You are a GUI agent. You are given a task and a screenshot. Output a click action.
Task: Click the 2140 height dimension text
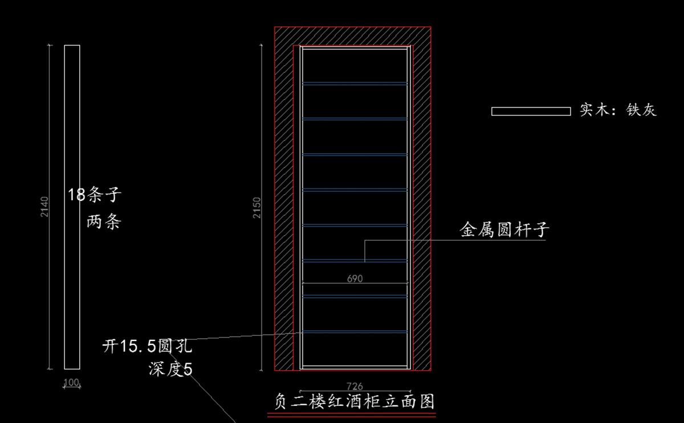45,207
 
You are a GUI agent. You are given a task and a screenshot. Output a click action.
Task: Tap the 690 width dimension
355,279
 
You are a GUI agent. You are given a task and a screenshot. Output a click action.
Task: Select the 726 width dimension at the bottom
355,387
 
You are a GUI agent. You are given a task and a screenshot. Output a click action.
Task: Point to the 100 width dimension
71,383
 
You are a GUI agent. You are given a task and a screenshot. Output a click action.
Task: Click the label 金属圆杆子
504,230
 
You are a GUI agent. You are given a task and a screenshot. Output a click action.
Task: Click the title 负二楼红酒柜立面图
352,402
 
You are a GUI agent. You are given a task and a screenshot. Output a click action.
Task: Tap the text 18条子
95,195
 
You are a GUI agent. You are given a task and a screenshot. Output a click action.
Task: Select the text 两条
104,222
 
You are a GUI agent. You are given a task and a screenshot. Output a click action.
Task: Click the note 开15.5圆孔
147,346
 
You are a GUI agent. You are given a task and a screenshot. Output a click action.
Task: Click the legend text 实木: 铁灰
618,110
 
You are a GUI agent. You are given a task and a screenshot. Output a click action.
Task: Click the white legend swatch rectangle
531,111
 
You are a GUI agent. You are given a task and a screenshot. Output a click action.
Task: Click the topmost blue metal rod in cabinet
355,83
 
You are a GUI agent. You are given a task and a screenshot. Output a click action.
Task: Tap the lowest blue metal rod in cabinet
355,331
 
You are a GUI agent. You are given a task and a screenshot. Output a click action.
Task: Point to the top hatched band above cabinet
352,35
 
